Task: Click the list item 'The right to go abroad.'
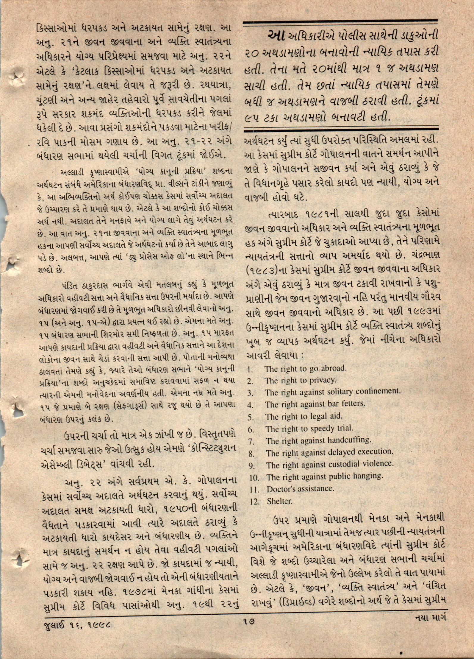pos(305,369)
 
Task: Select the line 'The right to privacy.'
pos(300,381)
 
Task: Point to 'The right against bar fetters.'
pos(315,404)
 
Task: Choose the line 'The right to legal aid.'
pos(304,416)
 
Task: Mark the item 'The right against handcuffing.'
pos(319,440)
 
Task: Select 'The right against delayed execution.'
pos(329,453)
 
